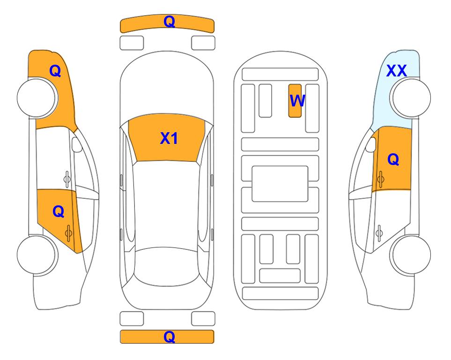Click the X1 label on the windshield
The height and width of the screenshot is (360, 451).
(169, 138)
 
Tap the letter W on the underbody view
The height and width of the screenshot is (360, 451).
(297, 100)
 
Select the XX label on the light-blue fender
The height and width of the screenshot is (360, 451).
(396, 71)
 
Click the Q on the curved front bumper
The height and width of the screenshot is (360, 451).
(169, 21)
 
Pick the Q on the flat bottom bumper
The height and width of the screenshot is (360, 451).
(169, 337)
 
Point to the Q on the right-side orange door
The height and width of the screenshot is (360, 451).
(393, 159)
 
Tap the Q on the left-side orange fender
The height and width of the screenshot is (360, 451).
(55, 71)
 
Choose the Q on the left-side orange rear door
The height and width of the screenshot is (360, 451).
(59, 212)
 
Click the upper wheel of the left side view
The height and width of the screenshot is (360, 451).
(37, 98)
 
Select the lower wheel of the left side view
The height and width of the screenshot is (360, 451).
(37, 255)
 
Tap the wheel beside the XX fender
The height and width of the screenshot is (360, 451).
(410, 98)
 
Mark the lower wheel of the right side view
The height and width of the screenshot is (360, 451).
(410, 255)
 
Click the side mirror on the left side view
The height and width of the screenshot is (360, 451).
(77, 144)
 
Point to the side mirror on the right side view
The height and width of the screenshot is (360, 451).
(371, 144)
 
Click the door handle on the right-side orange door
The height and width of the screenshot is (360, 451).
(380, 179)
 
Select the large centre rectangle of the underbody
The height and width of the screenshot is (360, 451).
(280, 184)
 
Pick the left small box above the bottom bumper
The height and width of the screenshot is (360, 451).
(132, 319)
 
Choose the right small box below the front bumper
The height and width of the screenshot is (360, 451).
(203, 43)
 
